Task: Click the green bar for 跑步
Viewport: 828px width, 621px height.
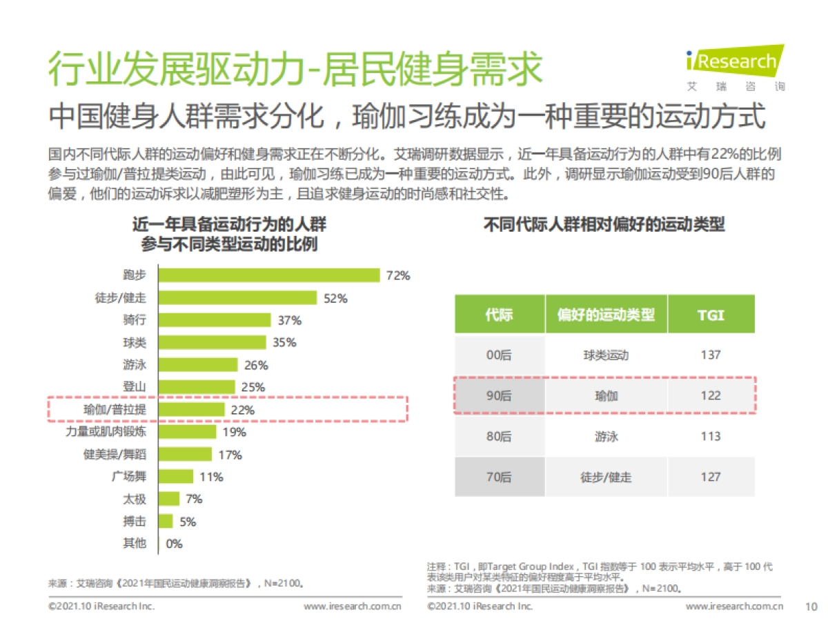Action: pos(270,275)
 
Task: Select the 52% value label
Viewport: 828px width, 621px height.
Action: pos(335,299)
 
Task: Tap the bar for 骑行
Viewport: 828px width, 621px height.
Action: pos(215,320)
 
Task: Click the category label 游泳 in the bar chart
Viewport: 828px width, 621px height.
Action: pos(135,365)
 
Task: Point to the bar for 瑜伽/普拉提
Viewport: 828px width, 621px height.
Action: pos(193,410)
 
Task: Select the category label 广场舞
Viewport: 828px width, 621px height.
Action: pos(128,477)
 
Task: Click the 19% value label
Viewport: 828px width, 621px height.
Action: pos(235,433)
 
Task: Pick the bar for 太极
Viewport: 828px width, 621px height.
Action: pos(170,499)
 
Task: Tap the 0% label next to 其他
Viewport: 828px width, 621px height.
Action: pos(174,544)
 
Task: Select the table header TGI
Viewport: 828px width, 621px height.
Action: pos(711,315)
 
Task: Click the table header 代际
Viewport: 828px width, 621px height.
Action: pos(499,315)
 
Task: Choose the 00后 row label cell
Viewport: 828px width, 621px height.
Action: pos(499,355)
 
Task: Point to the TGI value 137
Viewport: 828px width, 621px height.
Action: pos(710,355)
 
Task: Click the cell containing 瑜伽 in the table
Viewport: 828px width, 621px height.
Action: pos(606,396)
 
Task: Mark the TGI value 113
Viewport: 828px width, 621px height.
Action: pos(710,436)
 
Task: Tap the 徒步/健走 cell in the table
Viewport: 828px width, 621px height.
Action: pos(606,477)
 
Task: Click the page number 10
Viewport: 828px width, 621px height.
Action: pos(811,607)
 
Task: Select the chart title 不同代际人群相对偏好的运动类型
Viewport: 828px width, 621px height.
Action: pos(604,226)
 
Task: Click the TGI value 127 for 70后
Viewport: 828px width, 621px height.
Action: pos(710,477)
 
